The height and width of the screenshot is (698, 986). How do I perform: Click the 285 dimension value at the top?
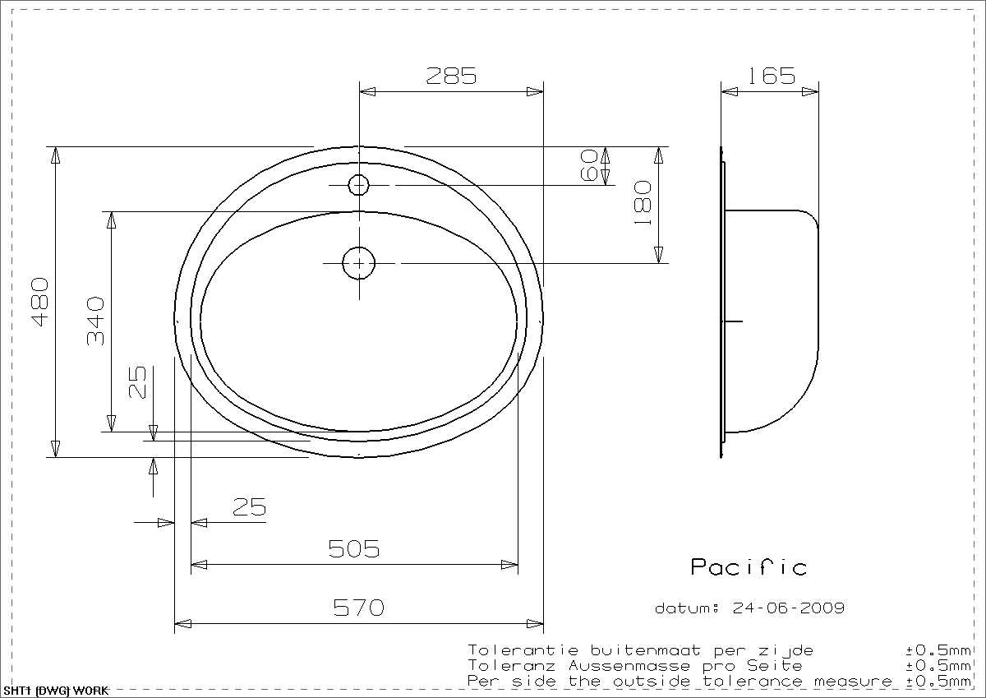coord(451,76)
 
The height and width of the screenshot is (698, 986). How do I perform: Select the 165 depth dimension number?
coord(772,76)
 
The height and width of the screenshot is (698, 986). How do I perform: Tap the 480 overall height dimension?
coord(41,302)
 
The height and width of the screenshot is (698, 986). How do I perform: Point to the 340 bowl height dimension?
coord(95,321)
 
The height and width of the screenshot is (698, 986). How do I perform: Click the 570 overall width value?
coord(359,608)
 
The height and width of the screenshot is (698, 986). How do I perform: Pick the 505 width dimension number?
coord(354,548)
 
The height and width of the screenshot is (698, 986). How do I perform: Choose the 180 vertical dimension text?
coord(643,202)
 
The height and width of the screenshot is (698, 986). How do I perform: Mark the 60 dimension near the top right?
coord(589,165)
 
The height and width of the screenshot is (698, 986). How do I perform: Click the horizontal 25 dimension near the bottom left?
coord(250,507)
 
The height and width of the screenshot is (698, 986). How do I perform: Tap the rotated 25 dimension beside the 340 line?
coord(137,382)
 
